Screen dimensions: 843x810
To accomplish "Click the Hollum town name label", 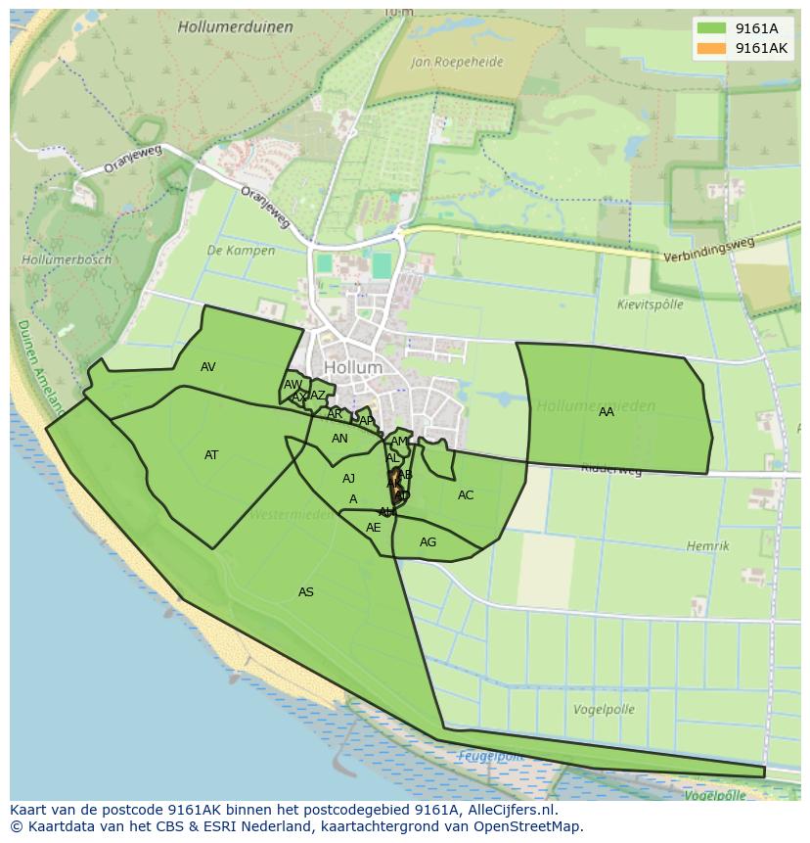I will point(352,368).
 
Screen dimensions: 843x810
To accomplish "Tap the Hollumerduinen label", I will point(235,27).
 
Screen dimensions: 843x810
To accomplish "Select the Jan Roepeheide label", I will point(458,62).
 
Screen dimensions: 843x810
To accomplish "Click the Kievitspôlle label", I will point(651,304).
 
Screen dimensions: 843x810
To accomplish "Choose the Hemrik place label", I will point(707,546).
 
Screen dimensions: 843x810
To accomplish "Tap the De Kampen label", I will point(241,251).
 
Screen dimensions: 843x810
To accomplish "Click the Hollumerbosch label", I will point(66,260).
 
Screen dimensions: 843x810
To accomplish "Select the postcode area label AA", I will point(607,412).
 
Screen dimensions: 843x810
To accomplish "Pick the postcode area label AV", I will point(207,367).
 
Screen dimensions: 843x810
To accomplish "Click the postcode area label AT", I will point(211,455).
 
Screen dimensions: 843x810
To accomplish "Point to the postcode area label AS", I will point(306,592).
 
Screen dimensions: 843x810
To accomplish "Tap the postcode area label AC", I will point(466,495).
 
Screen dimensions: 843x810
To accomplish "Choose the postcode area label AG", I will point(427,542).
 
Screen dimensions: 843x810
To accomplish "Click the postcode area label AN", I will point(339,439).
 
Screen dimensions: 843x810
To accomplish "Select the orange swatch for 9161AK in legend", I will point(712,48).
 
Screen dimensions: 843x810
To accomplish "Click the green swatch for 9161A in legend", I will point(712,28).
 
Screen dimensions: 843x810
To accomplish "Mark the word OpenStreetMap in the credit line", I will point(529,826).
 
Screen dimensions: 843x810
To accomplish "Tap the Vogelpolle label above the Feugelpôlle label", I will point(604,710).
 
